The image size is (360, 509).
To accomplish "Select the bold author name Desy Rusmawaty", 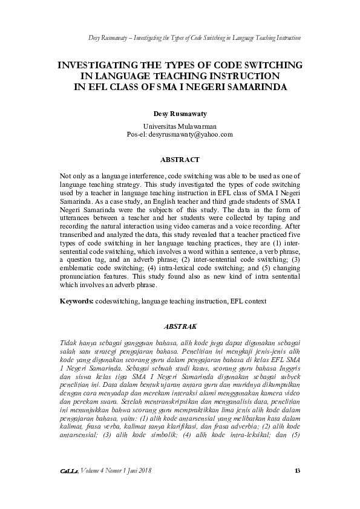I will pos(179,114).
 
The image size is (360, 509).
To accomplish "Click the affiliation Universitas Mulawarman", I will pos(179,126).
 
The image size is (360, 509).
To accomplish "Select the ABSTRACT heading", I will pos(179,160).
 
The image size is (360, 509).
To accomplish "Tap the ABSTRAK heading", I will pos(179,326).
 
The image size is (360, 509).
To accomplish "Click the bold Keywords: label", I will pos(77,300).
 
